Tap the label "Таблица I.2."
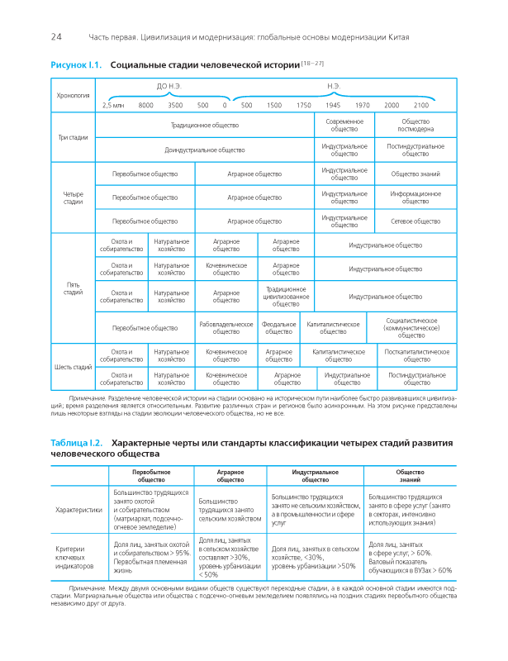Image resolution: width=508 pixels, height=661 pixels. (77, 444)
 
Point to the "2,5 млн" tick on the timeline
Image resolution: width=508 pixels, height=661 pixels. (113, 106)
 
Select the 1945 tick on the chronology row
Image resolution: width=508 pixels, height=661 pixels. (333, 106)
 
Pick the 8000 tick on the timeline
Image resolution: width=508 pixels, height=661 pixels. (146, 106)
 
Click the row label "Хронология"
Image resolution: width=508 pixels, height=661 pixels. (73, 96)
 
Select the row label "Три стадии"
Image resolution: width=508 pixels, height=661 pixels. (73, 137)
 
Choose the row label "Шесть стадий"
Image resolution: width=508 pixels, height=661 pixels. (73, 367)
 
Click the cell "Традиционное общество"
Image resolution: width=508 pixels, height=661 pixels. (205, 125)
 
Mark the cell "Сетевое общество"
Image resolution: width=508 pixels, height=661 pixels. (415, 221)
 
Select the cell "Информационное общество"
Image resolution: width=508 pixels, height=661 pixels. (415, 197)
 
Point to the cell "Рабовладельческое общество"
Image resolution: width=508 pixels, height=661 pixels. (226, 328)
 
